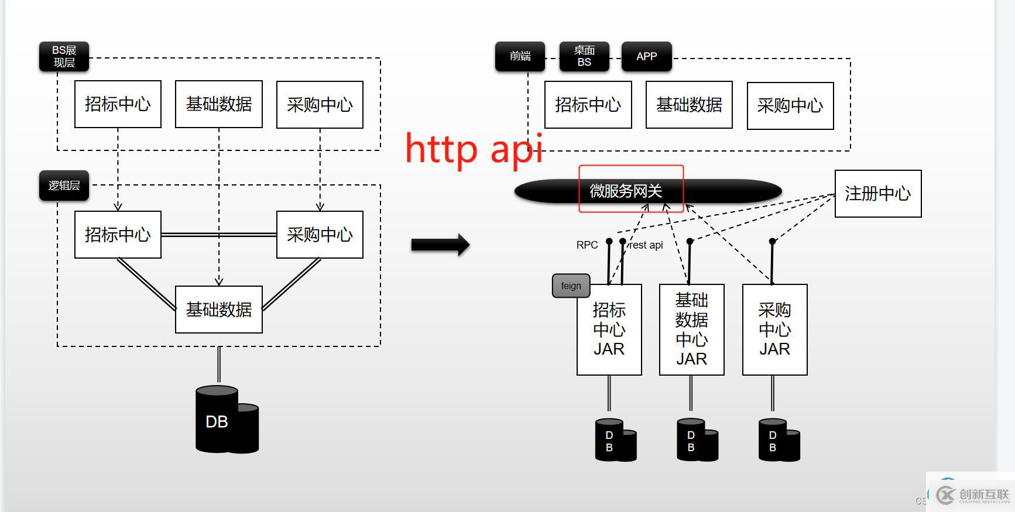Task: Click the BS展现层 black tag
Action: pyautogui.click(x=64, y=56)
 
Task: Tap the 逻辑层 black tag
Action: pyautogui.click(x=64, y=185)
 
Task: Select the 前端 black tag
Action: pyautogui.click(x=520, y=56)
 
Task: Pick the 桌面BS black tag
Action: pyautogui.click(x=584, y=56)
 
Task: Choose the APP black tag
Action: pyautogui.click(x=646, y=56)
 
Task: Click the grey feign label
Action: pyautogui.click(x=571, y=286)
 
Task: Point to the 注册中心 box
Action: pyautogui.click(x=877, y=194)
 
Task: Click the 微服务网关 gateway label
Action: pyautogui.click(x=626, y=191)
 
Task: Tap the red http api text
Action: pyautogui.click(x=474, y=149)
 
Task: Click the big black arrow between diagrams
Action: pyautogui.click(x=440, y=245)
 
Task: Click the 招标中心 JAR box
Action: pyautogui.click(x=609, y=329)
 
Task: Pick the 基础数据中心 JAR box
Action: pyautogui.click(x=691, y=329)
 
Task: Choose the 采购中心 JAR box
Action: pyautogui.click(x=774, y=329)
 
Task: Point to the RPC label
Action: pyautogui.click(x=587, y=245)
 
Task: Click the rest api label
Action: pyautogui.click(x=646, y=245)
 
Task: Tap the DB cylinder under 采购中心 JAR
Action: pyautogui.click(x=779, y=440)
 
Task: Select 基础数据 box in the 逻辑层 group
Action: pyautogui.click(x=219, y=310)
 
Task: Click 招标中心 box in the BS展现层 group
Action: pyautogui.click(x=118, y=104)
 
